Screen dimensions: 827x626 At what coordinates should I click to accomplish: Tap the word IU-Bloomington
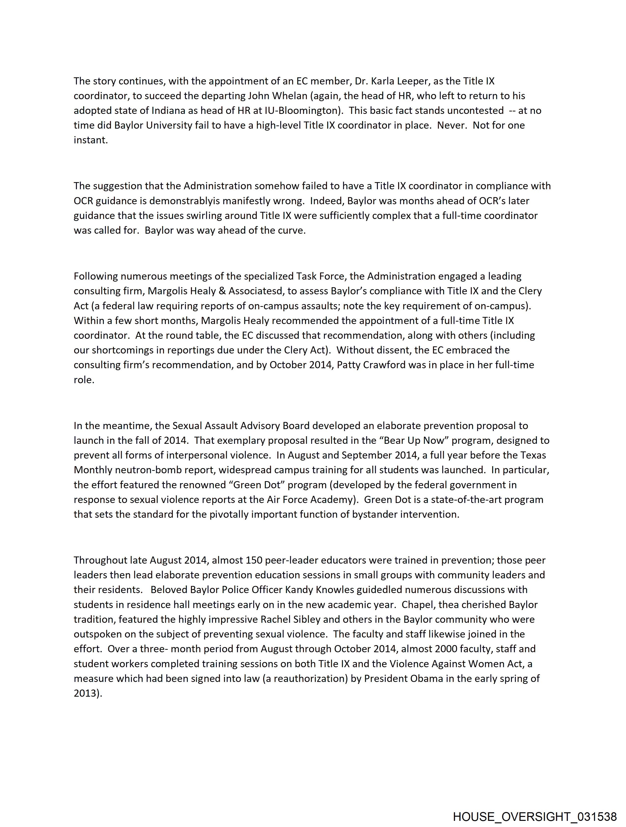tap(303, 111)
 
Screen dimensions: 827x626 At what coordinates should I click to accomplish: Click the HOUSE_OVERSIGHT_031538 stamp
tap(535, 816)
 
